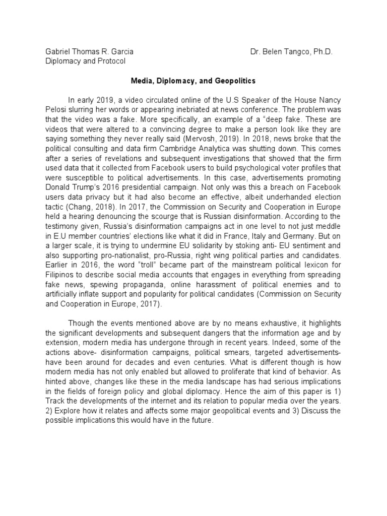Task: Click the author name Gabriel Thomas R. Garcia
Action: tap(89, 52)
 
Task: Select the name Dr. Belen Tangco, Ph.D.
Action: tap(292, 52)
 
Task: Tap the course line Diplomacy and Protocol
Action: tap(85, 61)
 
